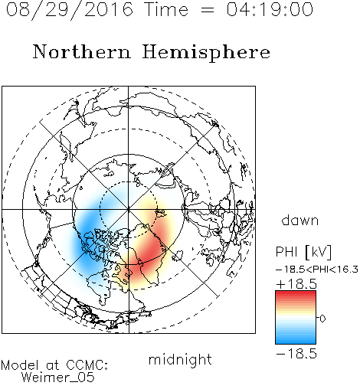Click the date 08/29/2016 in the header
pos(70,10)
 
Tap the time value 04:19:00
pos(270,9)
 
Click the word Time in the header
pos(166,9)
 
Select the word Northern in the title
pos(82,52)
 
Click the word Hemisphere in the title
pos(206,53)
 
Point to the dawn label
pos(300,220)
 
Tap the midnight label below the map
pos(180,360)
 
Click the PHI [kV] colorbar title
pos(303,252)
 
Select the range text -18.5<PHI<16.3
pos(317,270)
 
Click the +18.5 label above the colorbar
pos(296,284)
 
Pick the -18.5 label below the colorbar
pos(296,354)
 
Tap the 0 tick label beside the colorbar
pos(322,319)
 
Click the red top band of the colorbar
pos(296,294)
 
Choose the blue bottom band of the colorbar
pos(296,341)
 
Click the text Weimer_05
pos(58,378)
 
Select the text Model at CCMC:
pos(54,365)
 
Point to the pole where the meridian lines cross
pos(129,209)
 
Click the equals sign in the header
pos(208,10)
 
